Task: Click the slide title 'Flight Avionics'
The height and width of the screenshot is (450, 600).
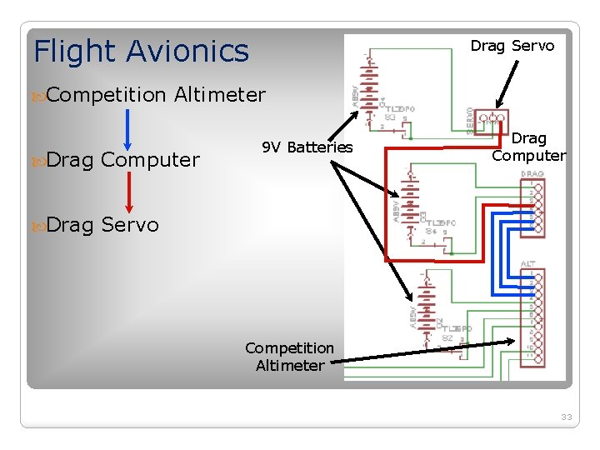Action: pyautogui.click(x=141, y=52)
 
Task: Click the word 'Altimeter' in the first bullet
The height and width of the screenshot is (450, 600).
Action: pyautogui.click(x=220, y=95)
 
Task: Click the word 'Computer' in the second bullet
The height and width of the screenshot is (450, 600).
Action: pyautogui.click(x=150, y=160)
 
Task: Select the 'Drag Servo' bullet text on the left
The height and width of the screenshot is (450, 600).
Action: pyautogui.click(x=102, y=224)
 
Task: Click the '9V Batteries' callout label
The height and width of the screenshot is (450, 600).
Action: pyautogui.click(x=307, y=147)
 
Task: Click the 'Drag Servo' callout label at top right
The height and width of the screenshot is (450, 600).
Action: pyautogui.click(x=512, y=46)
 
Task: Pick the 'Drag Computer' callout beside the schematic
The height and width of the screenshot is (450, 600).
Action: pyautogui.click(x=529, y=147)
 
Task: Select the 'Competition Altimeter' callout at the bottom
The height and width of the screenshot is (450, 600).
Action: pyautogui.click(x=289, y=357)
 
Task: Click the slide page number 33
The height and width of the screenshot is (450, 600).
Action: pyautogui.click(x=567, y=417)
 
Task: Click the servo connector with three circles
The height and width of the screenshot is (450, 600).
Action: pyautogui.click(x=492, y=119)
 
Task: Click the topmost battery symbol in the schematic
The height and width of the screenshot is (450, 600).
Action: pyautogui.click(x=370, y=82)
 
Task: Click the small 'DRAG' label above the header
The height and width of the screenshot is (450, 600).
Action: pyautogui.click(x=532, y=174)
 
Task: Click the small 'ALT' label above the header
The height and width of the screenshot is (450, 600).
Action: pyautogui.click(x=528, y=263)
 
